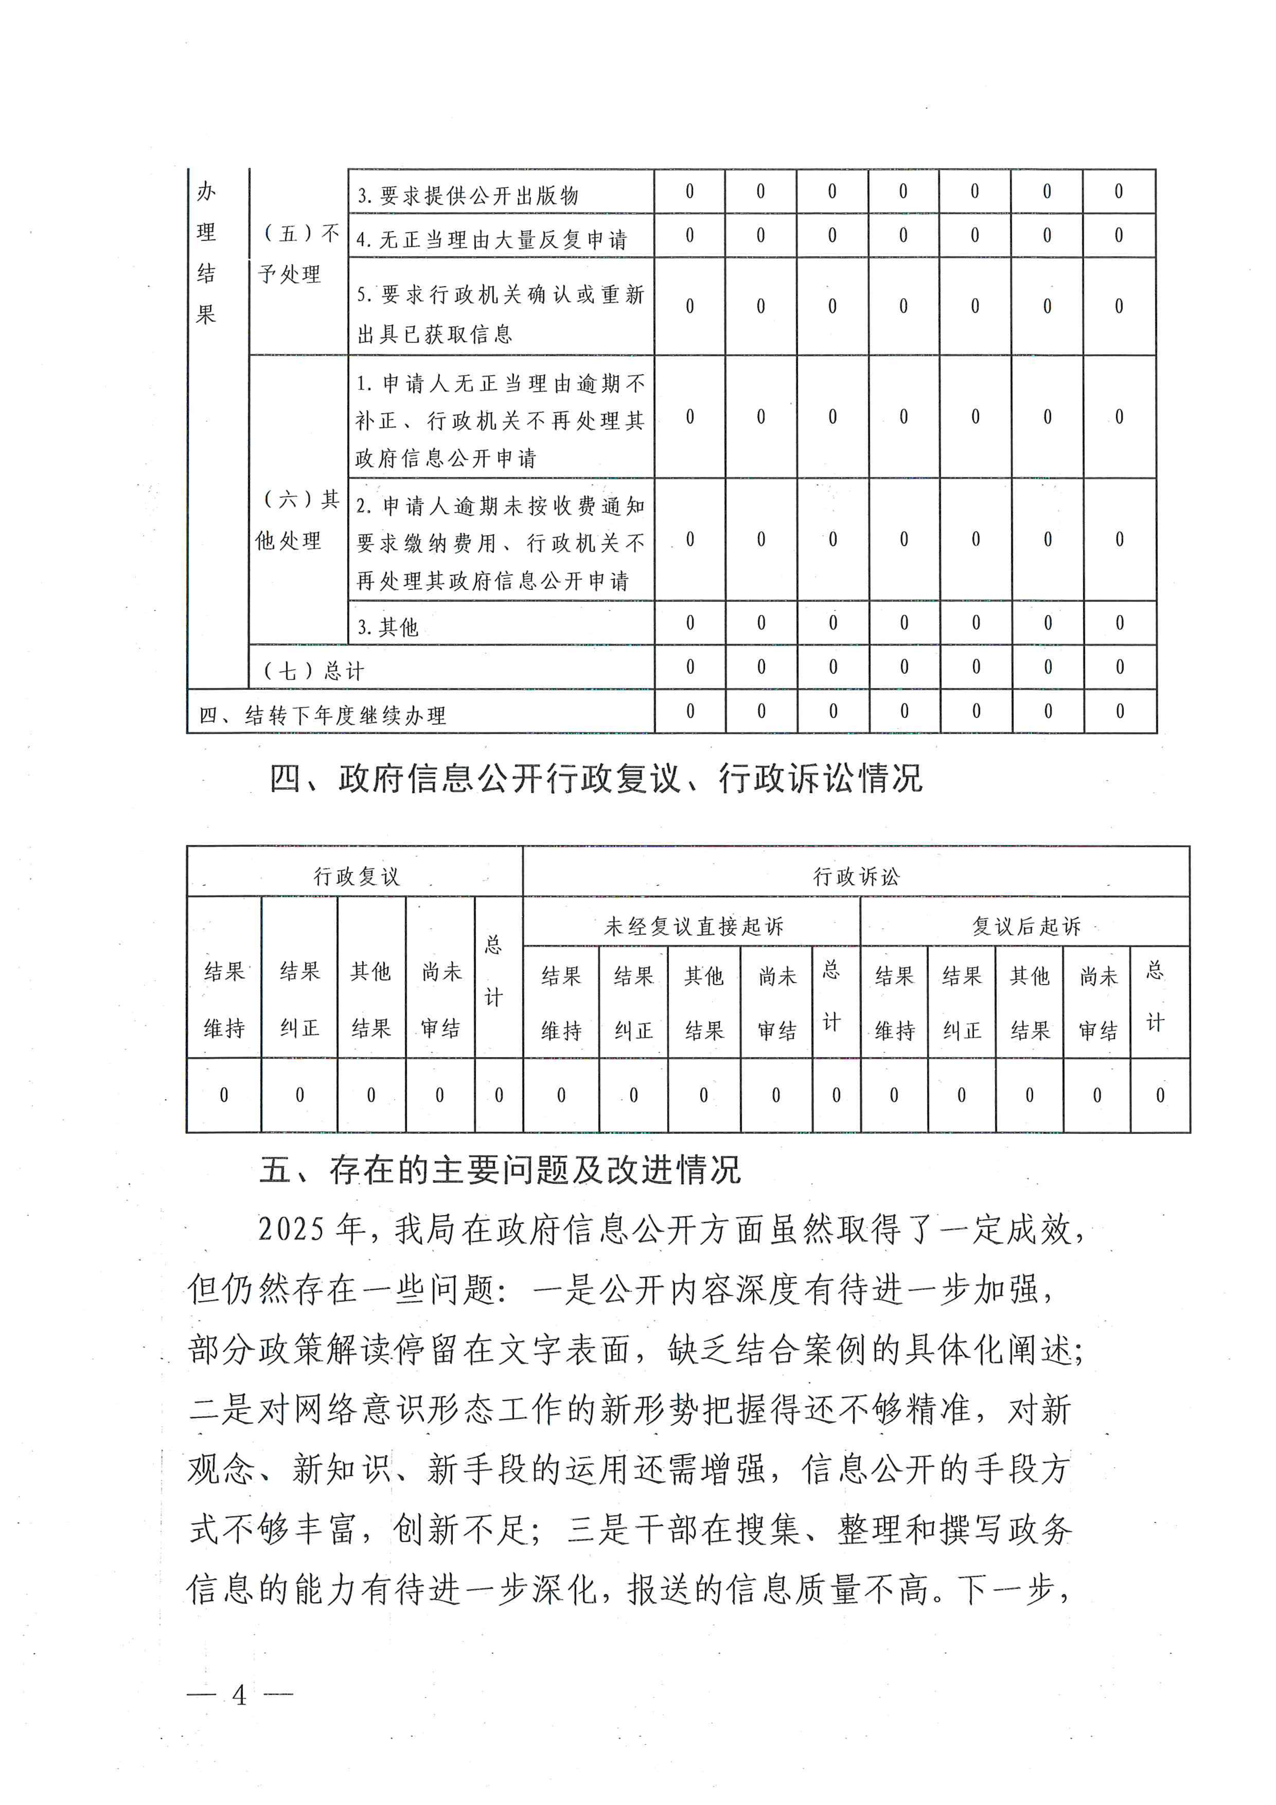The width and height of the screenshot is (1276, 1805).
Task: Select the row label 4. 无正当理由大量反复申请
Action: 491,239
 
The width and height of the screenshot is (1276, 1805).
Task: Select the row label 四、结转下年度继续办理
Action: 322,715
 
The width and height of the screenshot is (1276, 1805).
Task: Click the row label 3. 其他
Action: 388,626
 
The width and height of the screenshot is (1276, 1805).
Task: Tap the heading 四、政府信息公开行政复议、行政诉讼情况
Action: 595,778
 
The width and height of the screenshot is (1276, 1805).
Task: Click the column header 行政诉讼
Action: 856,876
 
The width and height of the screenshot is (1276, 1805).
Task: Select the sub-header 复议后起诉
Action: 1026,926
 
